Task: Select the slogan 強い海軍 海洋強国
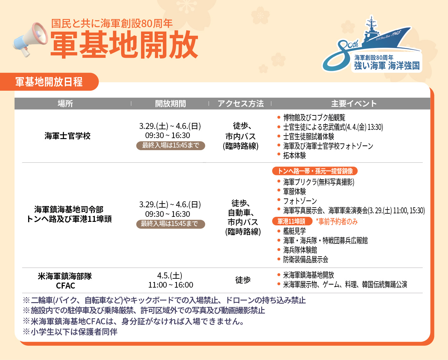[x=387, y=66]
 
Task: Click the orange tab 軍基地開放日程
[x=49, y=82]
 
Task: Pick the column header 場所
[x=65, y=103]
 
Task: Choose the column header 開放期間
[x=170, y=103]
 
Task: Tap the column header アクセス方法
[x=241, y=103]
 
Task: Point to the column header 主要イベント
[x=354, y=103]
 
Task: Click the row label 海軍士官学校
[x=67, y=136]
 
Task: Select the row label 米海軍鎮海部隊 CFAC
[x=65, y=281]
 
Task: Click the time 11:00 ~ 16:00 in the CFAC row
[x=170, y=285]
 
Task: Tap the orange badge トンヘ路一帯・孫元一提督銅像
[x=315, y=171]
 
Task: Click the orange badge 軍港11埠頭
[x=292, y=221]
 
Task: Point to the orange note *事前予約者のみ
[x=337, y=222]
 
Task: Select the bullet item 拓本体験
[x=294, y=156]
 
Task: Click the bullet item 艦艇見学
[x=294, y=231]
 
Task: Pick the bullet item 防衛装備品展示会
[x=306, y=259]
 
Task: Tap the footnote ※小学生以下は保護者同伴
[x=70, y=332]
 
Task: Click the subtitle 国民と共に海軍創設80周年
[x=112, y=23]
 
